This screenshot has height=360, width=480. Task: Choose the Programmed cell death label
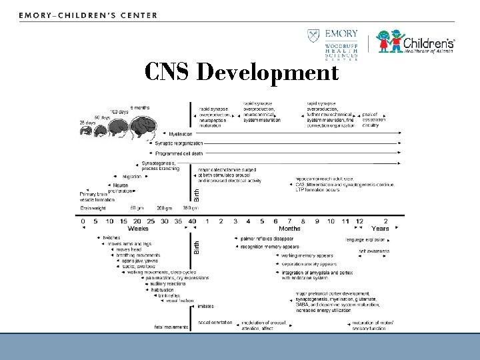(x=181, y=152)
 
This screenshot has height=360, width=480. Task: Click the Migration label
(x=131, y=176)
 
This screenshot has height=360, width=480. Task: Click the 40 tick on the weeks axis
(x=193, y=220)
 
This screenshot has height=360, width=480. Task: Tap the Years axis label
(x=381, y=229)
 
